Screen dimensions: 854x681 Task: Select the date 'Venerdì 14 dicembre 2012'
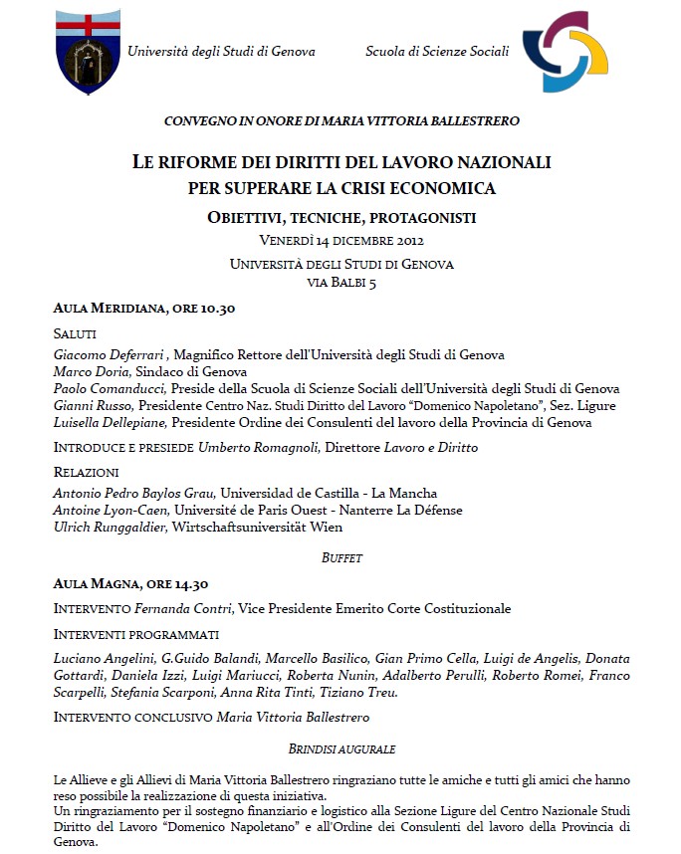tap(341, 241)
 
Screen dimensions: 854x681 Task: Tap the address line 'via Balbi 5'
tap(341, 282)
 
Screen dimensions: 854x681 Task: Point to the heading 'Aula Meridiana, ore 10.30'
tap(143, 309)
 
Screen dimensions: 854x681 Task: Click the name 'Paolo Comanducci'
tap(110, 388)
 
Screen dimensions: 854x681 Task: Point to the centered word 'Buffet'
tap(341, 558)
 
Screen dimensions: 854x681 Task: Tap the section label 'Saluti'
tap(75, 333)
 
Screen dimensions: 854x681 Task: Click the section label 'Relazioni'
tap(86, 472)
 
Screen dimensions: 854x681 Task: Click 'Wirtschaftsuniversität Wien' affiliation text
tap(257, 527)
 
